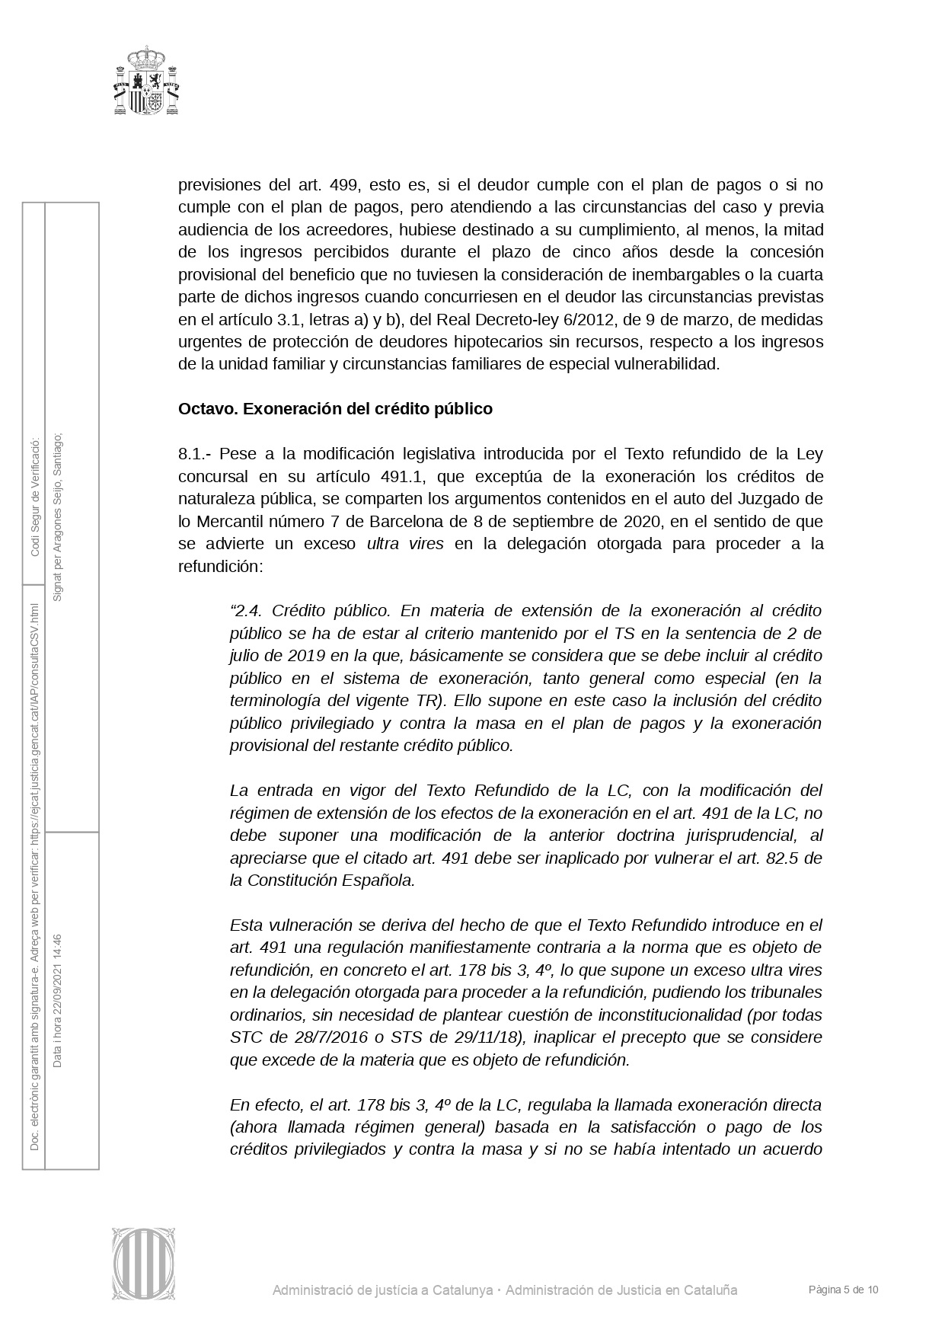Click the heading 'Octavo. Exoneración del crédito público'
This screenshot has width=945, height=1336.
click(x=335, y=409)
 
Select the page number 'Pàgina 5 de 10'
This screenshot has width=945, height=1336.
click(x=844, y=1290)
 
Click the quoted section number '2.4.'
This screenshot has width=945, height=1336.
click(x=246, y=611)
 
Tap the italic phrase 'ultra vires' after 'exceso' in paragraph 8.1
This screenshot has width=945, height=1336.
click(x=405, y=544)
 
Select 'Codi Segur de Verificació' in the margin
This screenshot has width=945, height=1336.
click(x=34, y=497)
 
